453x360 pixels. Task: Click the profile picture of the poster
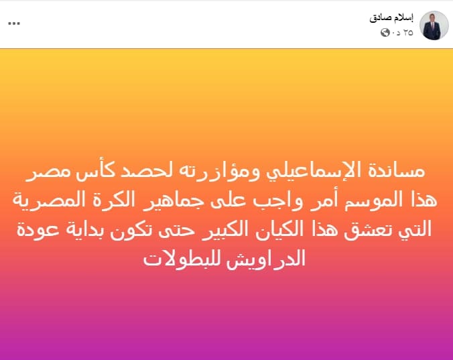click(434, 25)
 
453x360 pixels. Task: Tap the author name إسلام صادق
click(391, 18)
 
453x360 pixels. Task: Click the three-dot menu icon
click(14, 23)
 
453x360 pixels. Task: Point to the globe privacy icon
click(385, 33)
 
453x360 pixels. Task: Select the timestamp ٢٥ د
click(403, 33)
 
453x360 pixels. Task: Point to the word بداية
click(89, 230)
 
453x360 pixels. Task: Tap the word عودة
click(38, 230)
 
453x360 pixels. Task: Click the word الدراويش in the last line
click(266, 259)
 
